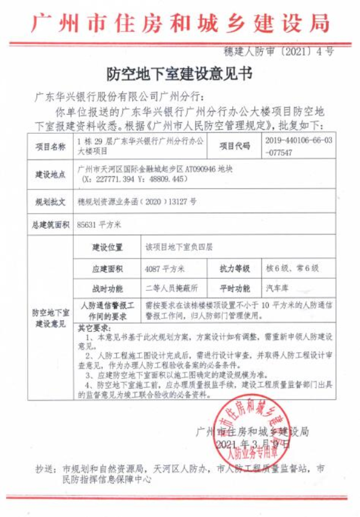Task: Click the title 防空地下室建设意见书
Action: click(x=179, y=74)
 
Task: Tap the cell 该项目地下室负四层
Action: click(x=179, y=247)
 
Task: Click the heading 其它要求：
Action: click(x=94, y=328)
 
